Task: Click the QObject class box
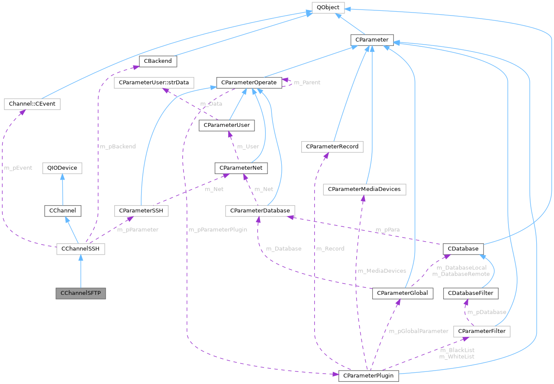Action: [x=328, y=8]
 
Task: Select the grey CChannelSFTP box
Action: [x=81, y=293]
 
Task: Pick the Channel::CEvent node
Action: [x=32, y=104]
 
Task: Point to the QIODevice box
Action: [x=62, y=168]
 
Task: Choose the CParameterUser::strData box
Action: [x=154, y=82]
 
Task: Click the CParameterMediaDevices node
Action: [x=364, y=189]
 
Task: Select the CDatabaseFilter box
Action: [x=471, y=293]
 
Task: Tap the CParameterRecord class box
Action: [x=332, y=147]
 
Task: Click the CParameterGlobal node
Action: [x=403, y=293]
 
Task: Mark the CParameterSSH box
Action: [x=141, y=211]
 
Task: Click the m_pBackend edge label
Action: [x=118, y=146]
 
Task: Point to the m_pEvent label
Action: [x=18, y=168]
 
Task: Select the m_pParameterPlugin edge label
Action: [x=218, y=229]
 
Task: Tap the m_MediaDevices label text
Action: [x=381, y=271]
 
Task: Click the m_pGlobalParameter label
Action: [x=419, y=331]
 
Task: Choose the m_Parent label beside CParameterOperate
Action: [x=307, y=82]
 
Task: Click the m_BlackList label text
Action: [x=457, y=350]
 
